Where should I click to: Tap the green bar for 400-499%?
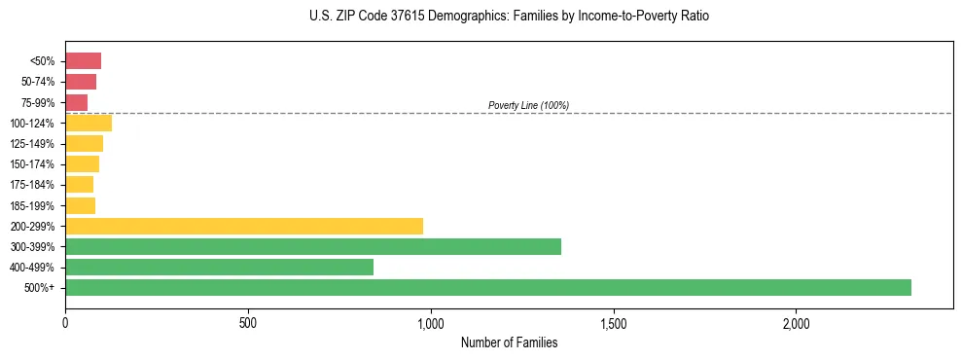pos(219,267)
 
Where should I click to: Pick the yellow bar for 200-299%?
pos(244,226)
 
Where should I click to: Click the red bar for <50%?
pos(83,61)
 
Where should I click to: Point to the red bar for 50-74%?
pos(81,82)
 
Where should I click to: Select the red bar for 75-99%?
pos(76,102)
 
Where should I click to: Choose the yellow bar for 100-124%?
pos(89,123)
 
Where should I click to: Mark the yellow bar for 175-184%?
pos(79,184)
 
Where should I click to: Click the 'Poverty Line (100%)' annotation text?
pos(528,105)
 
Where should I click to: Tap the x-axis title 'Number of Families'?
pos(509,342)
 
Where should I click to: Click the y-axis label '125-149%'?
pos(32,144)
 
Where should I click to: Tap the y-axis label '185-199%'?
pos(32,205)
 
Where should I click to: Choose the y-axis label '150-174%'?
pos(32,164)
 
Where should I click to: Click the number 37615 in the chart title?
pos(401,17)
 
